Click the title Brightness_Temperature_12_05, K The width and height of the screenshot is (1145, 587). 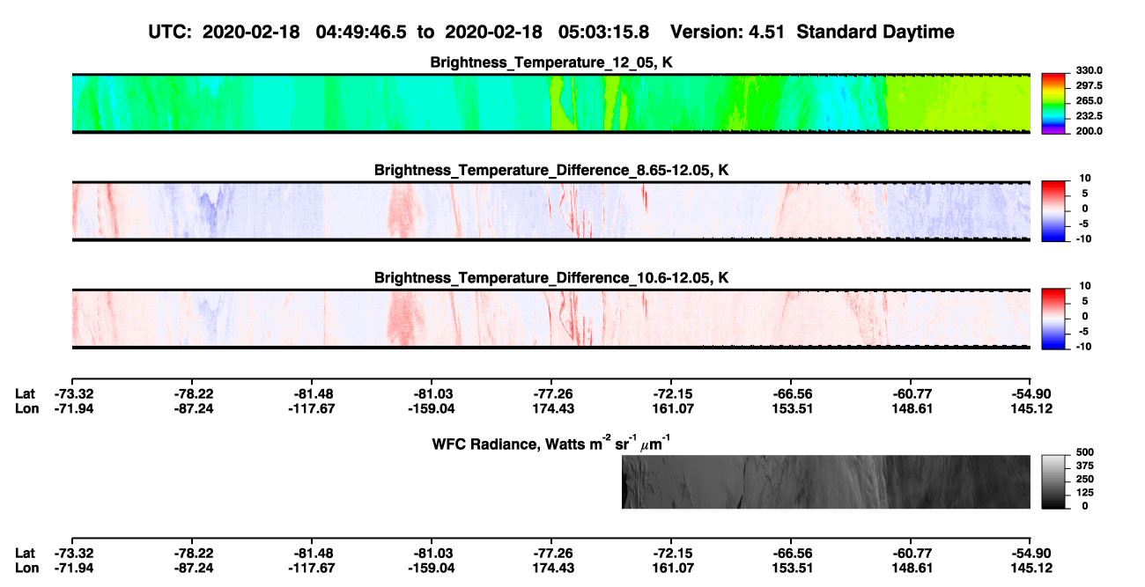point(551,62)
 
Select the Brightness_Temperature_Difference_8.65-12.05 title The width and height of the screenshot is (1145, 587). point(551,170)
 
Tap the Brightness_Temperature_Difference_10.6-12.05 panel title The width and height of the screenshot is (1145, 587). point(551,278)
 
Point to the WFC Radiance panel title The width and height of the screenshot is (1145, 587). point(551,444)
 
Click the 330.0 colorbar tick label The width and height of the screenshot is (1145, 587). point(1089,70)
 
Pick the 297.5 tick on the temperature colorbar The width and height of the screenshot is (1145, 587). point(1089,85)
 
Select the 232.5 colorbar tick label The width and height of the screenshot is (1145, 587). point(1089,116)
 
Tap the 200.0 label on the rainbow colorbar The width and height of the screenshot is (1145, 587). point(1089,131)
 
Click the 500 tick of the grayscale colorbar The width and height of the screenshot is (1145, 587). point(1085,452)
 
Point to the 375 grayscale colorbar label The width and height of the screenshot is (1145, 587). point(1085,466)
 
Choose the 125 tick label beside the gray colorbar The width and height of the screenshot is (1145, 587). point(1085,493)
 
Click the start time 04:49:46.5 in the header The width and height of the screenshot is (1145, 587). point(361,33)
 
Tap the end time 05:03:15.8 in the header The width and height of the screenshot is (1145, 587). point(603,33)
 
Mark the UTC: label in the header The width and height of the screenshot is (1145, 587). point(170,33)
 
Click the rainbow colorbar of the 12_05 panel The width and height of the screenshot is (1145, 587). point(1053,104)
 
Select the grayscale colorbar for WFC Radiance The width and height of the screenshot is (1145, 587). point(1053,481)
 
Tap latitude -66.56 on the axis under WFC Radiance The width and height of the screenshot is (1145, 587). point(793,554)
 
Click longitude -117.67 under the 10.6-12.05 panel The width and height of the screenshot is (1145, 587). point(311,408)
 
